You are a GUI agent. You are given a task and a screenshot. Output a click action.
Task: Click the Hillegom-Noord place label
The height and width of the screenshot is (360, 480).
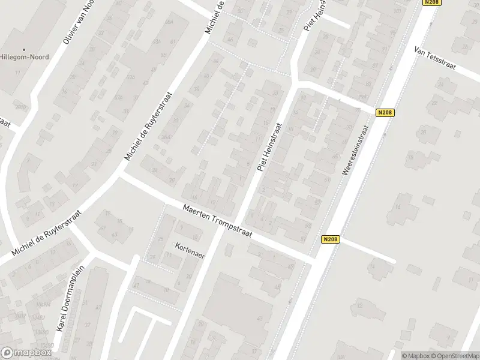coord(25,58)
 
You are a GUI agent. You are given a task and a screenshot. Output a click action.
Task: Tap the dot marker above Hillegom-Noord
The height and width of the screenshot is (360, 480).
coord(25,50)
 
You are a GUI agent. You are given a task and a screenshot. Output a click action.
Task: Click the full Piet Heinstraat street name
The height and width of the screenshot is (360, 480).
coord(271,147)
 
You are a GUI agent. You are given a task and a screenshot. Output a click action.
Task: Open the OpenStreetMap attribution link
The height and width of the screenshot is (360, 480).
coord(454,355)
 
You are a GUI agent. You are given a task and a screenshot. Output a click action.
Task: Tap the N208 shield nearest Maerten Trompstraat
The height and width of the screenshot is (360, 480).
coord(330,239)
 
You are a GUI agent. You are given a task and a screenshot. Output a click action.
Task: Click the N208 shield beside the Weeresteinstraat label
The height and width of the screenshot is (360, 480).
coord(385,112)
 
